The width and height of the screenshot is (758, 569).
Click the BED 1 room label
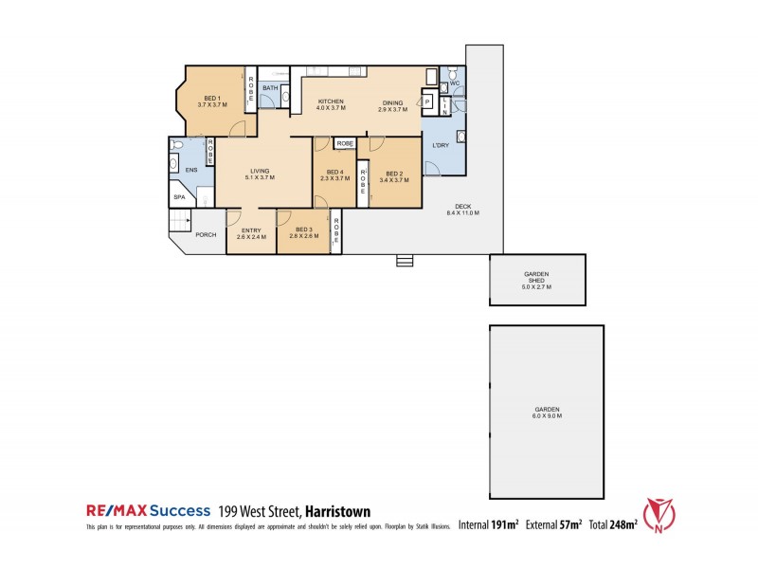pyautogui.click(x=212, y=99)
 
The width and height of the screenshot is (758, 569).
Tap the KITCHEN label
pyautogui.click(x=331, y=101)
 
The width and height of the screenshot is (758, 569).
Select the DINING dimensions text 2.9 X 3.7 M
pyautogui.click(x=392, y=110)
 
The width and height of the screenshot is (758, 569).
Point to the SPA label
pyautogui.click(x=179, y=197)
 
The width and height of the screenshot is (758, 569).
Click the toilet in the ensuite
pyautogui.click(x=175, y=146)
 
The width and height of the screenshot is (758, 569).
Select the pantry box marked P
pyautogui.click(x=426, y=101)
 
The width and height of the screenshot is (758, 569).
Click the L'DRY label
pyautogui.click(x=441, y=145)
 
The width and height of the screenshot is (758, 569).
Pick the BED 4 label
pyautogui.click(x=332, y=171)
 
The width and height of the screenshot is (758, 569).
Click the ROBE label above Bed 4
pyautogui.click(x=344, y=143)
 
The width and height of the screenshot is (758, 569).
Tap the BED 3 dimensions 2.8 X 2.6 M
pyautogui.click(x=303, y=237)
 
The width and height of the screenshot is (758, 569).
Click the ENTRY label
pyautogui.click(x=251, y=230)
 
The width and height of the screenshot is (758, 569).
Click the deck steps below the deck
pyautogui.click(x=405, y=260)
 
